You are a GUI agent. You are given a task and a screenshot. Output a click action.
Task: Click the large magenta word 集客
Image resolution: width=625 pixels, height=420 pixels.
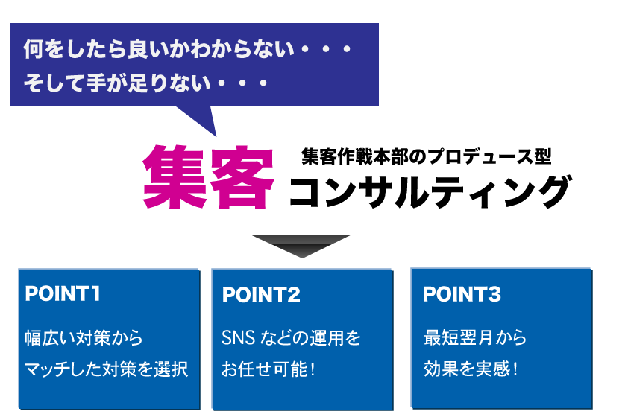(x=209, y=177)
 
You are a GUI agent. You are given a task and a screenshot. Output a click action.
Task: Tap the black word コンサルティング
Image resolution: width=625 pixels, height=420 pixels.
(x=430, y=192)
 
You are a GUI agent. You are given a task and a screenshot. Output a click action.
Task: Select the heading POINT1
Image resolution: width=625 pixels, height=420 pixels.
(x=62, y=294)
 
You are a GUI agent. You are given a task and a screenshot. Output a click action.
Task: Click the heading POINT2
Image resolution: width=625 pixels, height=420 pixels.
(x=261, y=295)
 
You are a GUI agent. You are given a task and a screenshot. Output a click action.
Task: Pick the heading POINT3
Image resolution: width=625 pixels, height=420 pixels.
(x=462, y=295)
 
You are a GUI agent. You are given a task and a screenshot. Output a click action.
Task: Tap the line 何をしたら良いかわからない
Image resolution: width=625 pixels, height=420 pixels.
(x=159, y=49)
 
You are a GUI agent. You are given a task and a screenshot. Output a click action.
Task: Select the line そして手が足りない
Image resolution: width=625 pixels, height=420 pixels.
(x=117, y=83)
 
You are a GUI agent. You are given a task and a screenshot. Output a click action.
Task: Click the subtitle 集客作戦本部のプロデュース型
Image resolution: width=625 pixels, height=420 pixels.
(x=426, y=156)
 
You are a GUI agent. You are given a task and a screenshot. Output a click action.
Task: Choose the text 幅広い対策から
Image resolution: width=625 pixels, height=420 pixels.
(x=84, y=338)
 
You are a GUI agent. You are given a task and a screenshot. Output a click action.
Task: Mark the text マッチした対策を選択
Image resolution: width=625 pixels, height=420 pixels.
(x=107, y=369)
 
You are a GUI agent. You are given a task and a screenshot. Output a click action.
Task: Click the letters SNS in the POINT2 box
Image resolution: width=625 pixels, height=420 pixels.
(x=239, y=338)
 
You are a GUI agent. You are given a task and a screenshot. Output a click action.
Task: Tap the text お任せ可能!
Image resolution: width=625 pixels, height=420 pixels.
(x=268, y=369)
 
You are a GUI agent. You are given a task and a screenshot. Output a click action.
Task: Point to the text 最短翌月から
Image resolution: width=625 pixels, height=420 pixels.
(x=475, y=337)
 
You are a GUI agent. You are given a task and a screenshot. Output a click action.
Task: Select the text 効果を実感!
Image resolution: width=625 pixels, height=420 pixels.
(x=471, y=369)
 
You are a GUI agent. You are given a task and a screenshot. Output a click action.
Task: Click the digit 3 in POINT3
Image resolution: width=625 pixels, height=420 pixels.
(x=494, y=295)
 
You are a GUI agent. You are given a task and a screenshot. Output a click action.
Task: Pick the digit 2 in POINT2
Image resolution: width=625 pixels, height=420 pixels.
(x=293, y=295)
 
